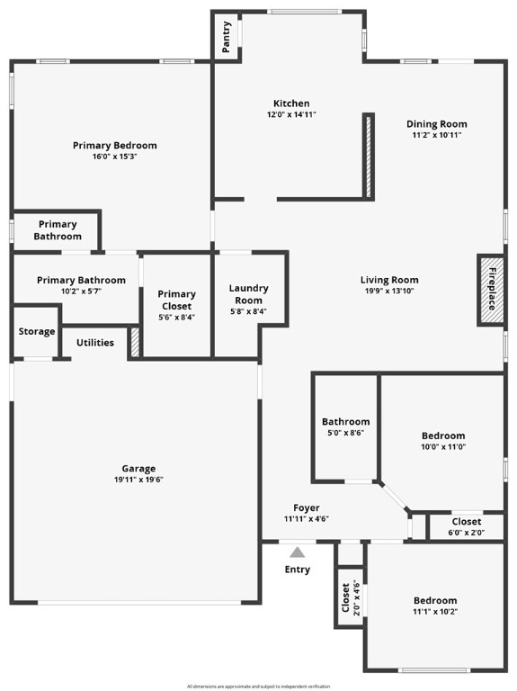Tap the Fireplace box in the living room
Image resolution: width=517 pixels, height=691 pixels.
(x=491, y=289)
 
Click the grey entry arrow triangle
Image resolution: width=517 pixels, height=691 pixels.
(x=297, y=552)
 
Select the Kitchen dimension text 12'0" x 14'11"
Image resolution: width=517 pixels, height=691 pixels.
(x=291, y=115)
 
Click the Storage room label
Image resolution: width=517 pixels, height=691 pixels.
(x=37, y=332)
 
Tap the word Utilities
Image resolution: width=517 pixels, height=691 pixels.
(x=94, y=343)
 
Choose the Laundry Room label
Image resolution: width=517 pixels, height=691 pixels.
(x=248, y=294)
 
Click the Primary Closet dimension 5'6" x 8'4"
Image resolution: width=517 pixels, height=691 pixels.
(x=176, y=317)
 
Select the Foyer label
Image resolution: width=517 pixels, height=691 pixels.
(x=307, y=508)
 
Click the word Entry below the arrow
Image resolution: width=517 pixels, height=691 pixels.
(x=298, y=570)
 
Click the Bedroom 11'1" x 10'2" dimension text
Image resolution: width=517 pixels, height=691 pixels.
(x=435, y=612)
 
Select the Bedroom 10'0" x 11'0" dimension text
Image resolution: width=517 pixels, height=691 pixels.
(x=443, y=447)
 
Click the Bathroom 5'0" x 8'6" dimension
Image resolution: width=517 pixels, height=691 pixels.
(x=345, y=433)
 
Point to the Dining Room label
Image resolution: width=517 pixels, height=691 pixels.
(x=437, y=124)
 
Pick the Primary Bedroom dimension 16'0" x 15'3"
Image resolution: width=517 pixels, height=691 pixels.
(x=114, y=157)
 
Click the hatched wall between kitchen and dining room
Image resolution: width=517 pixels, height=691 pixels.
(x=368, y=155)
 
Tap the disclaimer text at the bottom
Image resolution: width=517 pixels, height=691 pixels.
(x=258, y=686)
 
